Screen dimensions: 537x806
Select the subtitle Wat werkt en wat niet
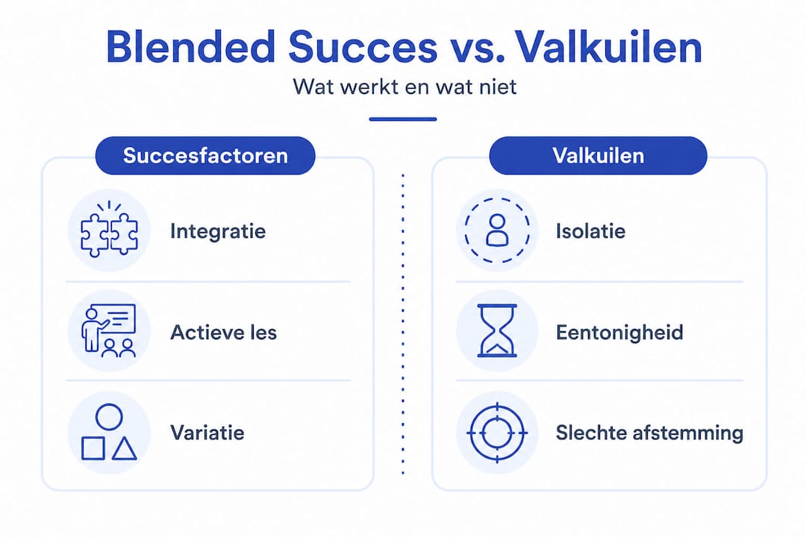[404, 87]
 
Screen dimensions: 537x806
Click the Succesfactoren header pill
[205, 155]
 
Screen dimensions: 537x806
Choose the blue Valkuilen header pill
[598, 155]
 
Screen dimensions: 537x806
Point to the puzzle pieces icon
[109, 230]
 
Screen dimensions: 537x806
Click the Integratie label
[218, 230]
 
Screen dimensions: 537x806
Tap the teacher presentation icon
[109, 330]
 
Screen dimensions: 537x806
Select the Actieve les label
[223, 331]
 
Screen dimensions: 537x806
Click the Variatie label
[207, 432]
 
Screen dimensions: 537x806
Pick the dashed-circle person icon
[496, 230]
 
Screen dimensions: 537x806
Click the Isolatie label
[590, 230]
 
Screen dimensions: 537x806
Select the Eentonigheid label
[619, 331]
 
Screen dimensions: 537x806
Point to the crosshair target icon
[496, 432]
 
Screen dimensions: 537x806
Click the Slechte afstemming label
[649, 432]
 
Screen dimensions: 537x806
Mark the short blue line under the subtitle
[403, 119]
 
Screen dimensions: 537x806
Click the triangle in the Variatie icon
[125, 448]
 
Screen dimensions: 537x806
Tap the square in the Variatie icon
[93, 448]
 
